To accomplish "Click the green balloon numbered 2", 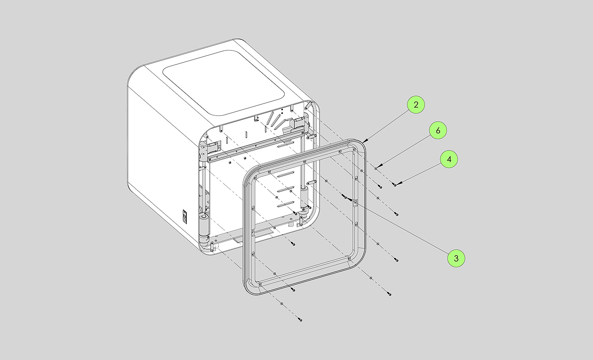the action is pyautogui.click(x=416, y=105).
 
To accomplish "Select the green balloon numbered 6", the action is pyautogui.click(x=438, y=131).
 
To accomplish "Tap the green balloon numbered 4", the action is pyautogui.click(x=449, y=159).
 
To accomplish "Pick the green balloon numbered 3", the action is pyautogui.click(x=456, y=258).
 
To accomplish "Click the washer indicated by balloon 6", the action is pyautogui.click(x=376, y=169).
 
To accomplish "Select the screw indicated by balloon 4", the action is pyautogui.click(x=395, y=185).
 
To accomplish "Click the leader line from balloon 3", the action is pyautogui.click(x=407, y=230).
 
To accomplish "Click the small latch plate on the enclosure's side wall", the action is pyautogui.click(x=185, y=216).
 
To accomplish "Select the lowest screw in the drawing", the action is pyautogui.click(x=300, y=320).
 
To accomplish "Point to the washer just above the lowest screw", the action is pyautogui.click(x=281, y=304).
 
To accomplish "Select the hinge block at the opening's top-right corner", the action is pyautogui.click(x=299, y=123).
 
